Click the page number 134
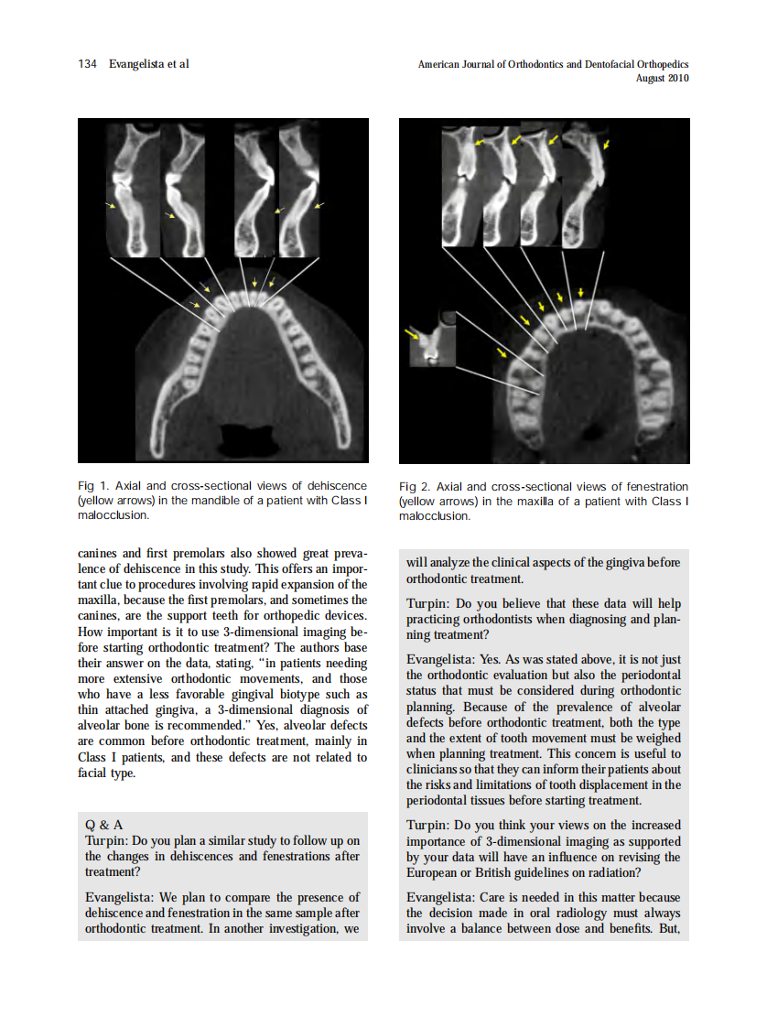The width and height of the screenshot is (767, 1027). (x=88, y=64)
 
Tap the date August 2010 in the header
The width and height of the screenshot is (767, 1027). (x=662, y=78)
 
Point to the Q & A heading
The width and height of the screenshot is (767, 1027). (x=104, y=825)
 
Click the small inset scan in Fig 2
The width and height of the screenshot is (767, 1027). (x=432, y=338)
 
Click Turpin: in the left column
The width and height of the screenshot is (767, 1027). (x=107, y=840)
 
